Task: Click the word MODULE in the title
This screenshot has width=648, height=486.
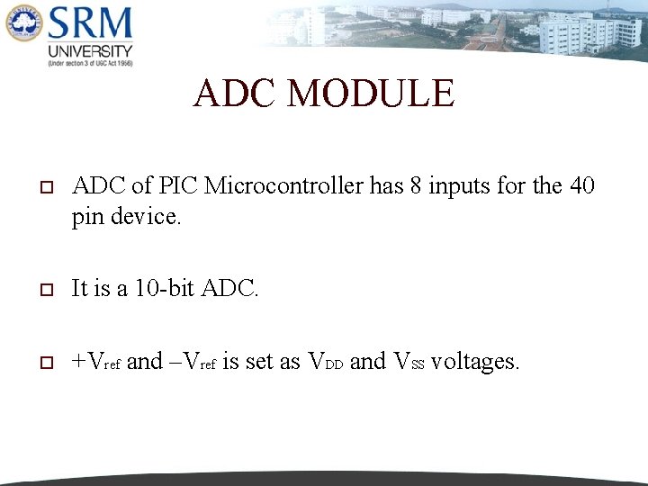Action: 372,94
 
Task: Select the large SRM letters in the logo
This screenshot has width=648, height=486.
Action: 91,23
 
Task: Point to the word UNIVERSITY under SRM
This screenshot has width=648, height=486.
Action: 91,51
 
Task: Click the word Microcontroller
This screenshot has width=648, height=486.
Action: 286,186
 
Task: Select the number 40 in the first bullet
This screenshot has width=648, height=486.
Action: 581,186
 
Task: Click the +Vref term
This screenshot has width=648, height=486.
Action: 96,362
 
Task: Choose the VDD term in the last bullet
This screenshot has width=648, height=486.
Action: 326,362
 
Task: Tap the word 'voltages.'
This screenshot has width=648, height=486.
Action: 475,362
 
